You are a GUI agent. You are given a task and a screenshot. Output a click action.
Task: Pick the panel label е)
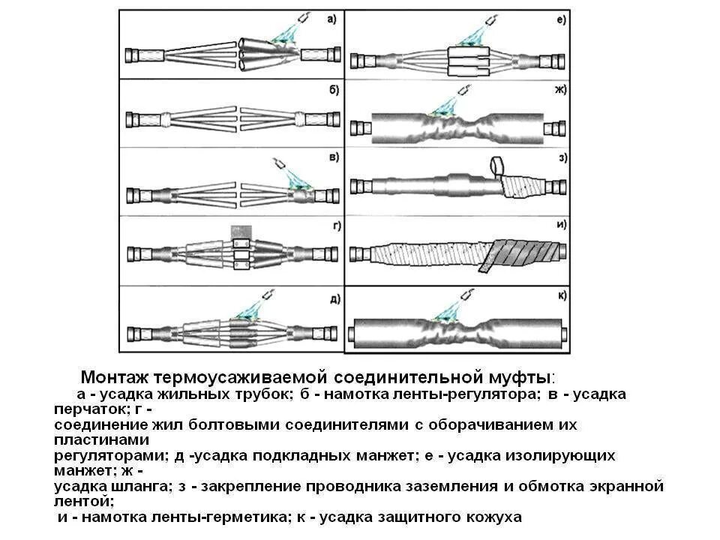[x=561, y=20]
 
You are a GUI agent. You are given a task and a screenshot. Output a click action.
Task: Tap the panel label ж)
[x=560, y=90]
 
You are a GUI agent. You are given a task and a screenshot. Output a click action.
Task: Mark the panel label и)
[x=561, y=224]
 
